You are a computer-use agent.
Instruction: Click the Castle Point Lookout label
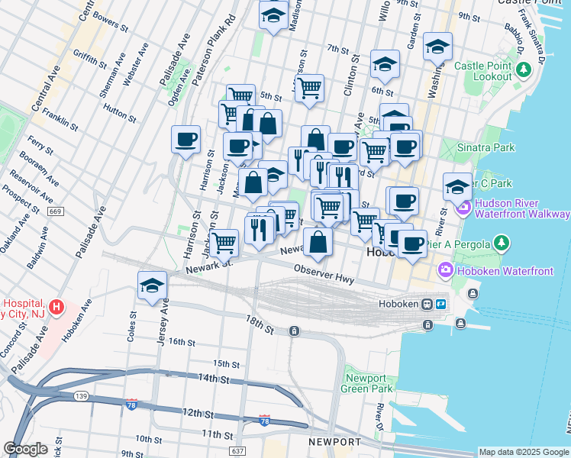coord(482,71)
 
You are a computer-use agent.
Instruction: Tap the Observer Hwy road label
coord(324,275)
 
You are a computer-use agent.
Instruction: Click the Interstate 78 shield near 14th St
coord(132,403)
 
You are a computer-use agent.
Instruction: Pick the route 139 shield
coord(80,395)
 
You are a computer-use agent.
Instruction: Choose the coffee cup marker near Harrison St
coord(186,140)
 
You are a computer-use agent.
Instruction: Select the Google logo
coord(25,449)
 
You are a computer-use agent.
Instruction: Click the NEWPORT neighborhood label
coord(334,442)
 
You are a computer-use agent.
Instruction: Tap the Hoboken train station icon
coord(429,304)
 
